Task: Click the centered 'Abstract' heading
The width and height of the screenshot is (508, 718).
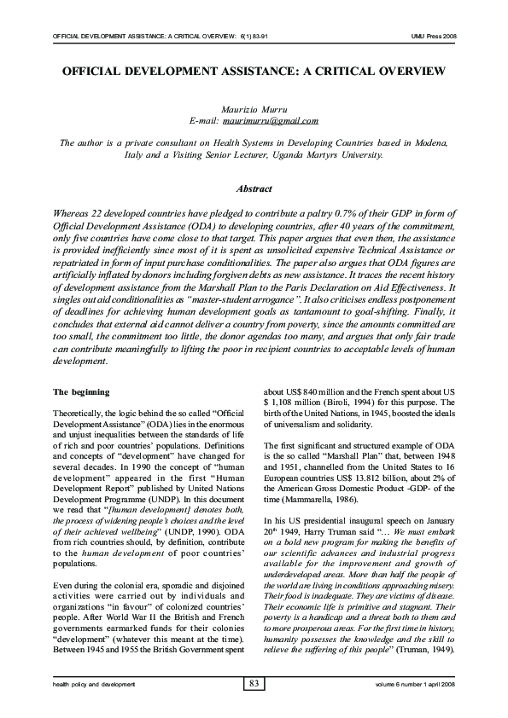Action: coord(254,189)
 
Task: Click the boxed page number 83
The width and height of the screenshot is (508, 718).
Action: coord(254,684)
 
